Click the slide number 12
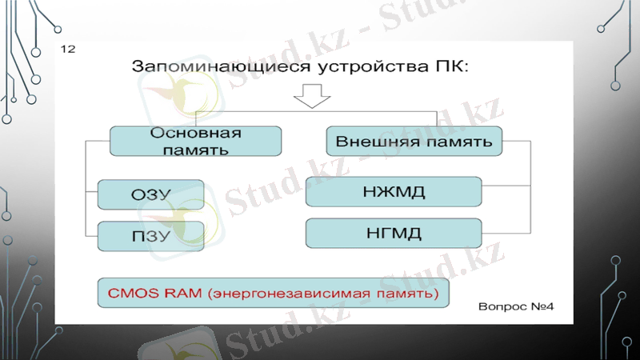67,50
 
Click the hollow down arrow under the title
310,96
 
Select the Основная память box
195,140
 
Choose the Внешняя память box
414,141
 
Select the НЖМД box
394,192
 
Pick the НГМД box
394,234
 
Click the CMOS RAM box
273,294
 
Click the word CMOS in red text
130,294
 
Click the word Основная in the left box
196,133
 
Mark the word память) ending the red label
409,294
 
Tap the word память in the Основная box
196,149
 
